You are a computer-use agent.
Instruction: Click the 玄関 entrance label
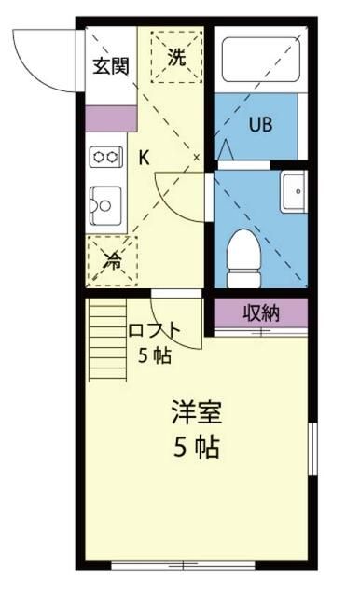110,66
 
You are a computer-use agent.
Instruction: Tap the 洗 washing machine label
175,56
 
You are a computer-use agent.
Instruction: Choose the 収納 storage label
262,312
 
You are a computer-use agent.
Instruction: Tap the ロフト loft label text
154,329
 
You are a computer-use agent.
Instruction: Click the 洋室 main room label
195,411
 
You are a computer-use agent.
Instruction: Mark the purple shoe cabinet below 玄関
110,118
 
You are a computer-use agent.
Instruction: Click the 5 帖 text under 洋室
195,448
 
